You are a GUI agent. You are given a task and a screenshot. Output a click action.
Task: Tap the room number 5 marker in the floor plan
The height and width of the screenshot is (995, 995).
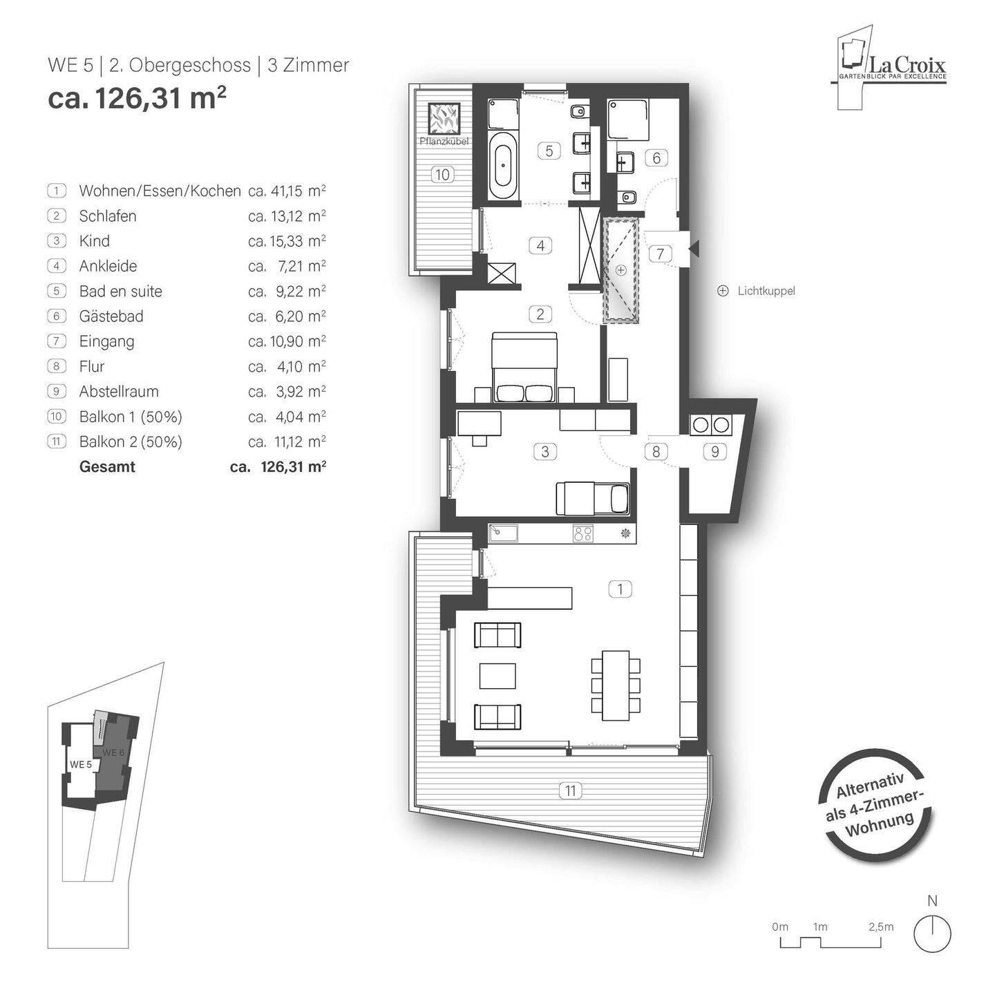coord(549,150)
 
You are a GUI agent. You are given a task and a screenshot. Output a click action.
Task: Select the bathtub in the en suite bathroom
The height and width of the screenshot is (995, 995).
coord(503,166)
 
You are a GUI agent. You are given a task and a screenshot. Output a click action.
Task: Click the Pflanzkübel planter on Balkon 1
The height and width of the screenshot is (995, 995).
coord(442,119)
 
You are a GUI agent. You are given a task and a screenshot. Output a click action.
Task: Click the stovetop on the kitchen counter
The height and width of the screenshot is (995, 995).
coord(583,533)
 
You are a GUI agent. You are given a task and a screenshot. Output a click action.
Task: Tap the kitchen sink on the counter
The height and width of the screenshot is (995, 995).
coord(503,533)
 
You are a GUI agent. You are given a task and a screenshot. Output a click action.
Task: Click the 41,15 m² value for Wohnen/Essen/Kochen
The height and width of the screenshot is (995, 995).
coord(287,191)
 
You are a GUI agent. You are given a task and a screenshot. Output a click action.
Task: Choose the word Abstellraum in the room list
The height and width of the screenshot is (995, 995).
coord(119,391)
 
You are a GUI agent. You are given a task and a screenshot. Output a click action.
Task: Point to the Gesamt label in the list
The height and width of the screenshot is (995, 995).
coord(107,466)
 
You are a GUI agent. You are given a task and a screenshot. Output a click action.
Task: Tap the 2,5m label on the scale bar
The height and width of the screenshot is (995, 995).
coord(880,927)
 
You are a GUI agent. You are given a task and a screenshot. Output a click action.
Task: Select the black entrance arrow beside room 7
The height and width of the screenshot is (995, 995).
coord(694,247)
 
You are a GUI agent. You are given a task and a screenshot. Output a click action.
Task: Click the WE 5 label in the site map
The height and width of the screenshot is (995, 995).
coord(80,764)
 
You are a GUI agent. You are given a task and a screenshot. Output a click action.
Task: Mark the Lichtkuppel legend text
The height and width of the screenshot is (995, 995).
coord(766,291)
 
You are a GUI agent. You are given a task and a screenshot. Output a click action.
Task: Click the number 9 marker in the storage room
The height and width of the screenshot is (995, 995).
coord(714,452)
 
